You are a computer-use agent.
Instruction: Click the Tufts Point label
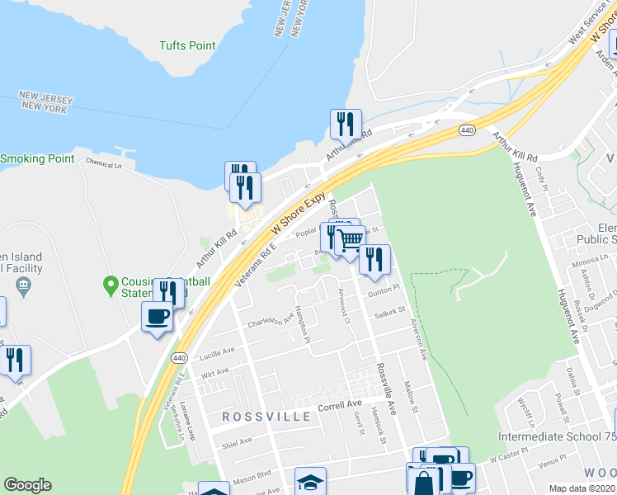click(187, 46)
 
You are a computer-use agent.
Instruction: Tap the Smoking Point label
click(37, 158)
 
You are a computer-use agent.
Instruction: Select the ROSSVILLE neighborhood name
click(267, 417)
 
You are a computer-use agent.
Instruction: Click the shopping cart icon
click(351, 240)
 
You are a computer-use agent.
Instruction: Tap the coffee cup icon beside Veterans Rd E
click(158, 316)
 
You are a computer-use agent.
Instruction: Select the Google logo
click(27, 485)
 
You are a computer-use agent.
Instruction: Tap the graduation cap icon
click(310, 482)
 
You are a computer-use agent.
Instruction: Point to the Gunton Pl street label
click(383, 290)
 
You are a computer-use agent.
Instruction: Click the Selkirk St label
click(389, 313)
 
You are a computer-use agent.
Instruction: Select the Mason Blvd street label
click(252, 476)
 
